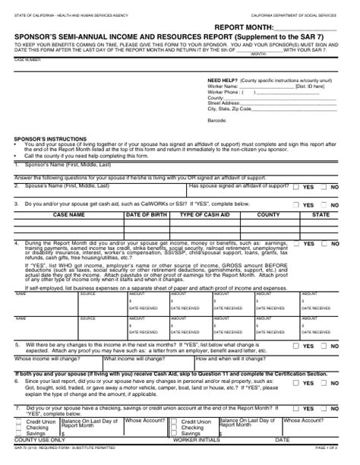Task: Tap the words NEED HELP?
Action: point(221,80)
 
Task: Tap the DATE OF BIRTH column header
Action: point(146,216)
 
